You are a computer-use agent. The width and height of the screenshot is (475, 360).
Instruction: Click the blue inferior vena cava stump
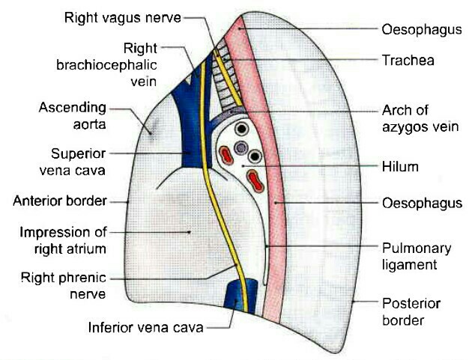pyautogui.click(x=242, y=295)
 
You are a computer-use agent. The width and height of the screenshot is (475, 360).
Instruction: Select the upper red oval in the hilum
pyautogui.click(x=225, y=155)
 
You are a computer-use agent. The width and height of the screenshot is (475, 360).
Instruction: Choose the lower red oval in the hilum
pyautogui.click(x=255, y=180)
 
